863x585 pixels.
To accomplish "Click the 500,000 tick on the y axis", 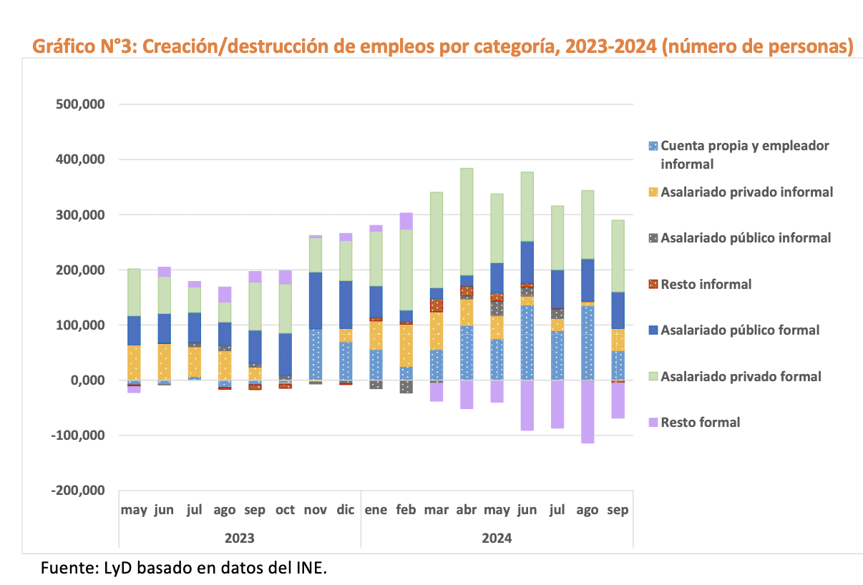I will tap(80, 104).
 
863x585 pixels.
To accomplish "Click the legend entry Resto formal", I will tap(700, 422).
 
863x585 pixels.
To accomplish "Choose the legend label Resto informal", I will tap(706, 284).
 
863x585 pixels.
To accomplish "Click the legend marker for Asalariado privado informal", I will tap(652, 192).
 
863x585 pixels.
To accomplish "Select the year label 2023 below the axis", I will tap(240, 537).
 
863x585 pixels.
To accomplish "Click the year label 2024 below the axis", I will tap(497, 537).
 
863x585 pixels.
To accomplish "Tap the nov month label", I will tap(316, 510).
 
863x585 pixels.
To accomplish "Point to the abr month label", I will tap(467, 510).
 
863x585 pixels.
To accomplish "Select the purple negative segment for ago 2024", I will tap(587, 412).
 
